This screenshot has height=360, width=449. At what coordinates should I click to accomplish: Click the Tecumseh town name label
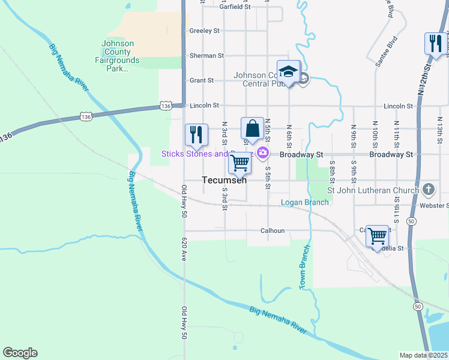coord(224,180)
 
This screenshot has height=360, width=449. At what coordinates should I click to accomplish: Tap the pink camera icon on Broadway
coord(262,154)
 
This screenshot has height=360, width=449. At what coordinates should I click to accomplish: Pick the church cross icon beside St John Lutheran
coord(427,190)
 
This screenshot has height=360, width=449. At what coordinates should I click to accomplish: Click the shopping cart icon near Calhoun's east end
coord(377,236)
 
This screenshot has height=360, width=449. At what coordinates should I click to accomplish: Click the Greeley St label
coord(205,31)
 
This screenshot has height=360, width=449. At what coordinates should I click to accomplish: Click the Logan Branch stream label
coord(305,202)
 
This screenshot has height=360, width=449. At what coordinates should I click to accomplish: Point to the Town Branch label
coord(305,267)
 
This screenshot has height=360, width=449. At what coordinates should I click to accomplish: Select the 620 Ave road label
coord(184,248)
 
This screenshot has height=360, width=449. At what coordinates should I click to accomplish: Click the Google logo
coord(20,353)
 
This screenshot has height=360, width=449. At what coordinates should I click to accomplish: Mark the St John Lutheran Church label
coord(372,190)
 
